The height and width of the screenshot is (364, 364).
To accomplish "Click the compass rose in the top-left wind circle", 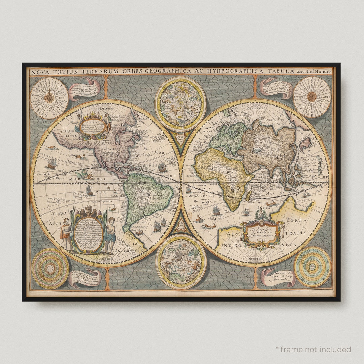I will tap(49, 98).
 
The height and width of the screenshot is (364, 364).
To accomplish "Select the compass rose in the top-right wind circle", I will tap(312, 97).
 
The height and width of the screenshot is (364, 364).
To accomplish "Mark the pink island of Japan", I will tap(305, 143).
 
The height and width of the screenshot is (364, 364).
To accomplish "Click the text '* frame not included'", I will tap(313, 349).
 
